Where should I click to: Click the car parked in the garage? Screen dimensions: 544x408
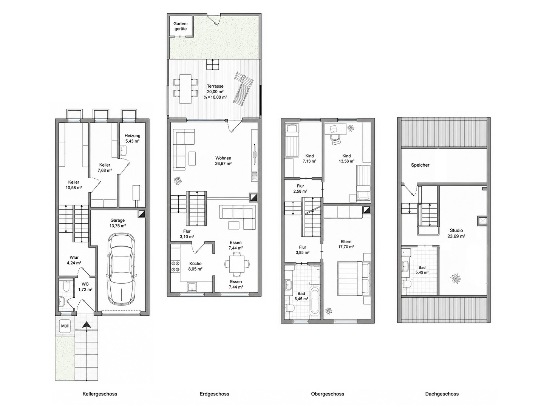pos(121,269)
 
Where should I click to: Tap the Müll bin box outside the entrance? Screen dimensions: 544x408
pos(65,326)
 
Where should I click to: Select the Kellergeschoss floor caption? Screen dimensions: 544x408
pos(100,394)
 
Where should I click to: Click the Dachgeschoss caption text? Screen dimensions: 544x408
pos(442,394)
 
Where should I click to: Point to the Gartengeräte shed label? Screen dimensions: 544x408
pos(181,26)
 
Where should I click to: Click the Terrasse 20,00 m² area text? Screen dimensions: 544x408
pos(215,89)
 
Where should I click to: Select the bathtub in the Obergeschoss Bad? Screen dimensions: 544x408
pos(314,303)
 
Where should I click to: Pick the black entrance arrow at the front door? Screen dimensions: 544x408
pos(87,325)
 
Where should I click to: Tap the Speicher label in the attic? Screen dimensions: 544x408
pos(420,165)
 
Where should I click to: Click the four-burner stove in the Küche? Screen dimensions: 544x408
pos(175,266)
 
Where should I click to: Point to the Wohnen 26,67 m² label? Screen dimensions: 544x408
pos(223,161)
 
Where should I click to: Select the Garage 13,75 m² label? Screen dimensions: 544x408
pos(118,223)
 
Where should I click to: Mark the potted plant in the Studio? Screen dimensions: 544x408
pos(456,278)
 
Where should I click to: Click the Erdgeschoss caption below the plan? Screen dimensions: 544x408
pos(214,394)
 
